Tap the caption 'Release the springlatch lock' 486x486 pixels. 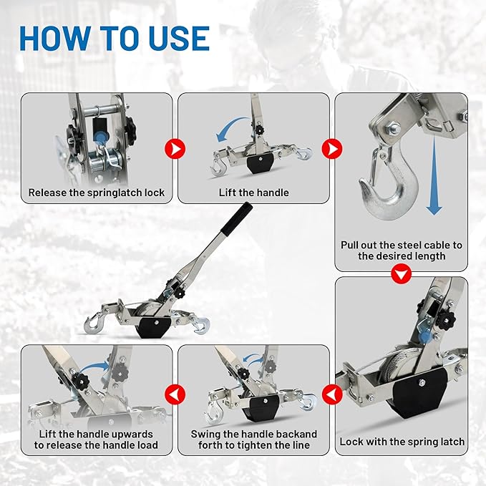[x=97, y=193]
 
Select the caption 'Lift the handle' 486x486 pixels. [x=253, y=193]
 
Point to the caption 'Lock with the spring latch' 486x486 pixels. [x=402, y=442]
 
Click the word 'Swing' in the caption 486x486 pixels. [x=206, y=434]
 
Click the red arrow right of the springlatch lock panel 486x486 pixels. [x=174, y=149]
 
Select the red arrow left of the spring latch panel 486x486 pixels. [x=331, y=394]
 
